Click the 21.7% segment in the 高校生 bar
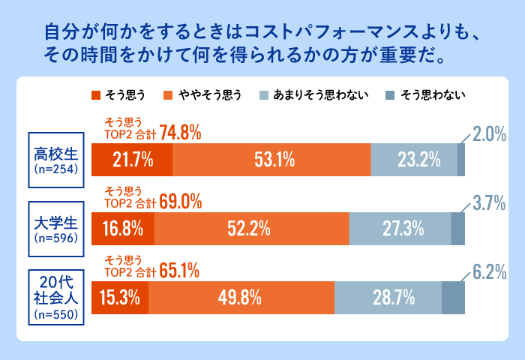tap(132, 159)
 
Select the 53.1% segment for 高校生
tap(271, 159)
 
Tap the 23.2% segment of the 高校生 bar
tap(414, 159)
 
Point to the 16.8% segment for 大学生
tap(123, 228)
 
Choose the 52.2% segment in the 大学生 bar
tap(251, 228)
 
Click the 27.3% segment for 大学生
tap(400, 228)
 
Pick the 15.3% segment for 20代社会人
tap(120, 297)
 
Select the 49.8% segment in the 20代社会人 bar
tap(241, 297)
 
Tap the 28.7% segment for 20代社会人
tap(388, 297)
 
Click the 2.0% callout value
tap(490, 136)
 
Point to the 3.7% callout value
tap(490, 204)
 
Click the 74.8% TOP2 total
tap(181, 133)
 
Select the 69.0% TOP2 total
tap(181, 202)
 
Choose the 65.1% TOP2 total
tap(181, 271)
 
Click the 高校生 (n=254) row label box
tap(56, 159)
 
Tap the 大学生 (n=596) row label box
tap(56, 228)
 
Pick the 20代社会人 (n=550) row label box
tap(56, 297)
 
